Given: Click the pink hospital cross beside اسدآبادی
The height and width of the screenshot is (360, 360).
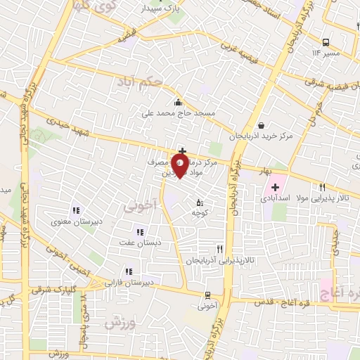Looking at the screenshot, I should (275, 188).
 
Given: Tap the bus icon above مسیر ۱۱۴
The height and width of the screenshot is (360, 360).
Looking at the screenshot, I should (325, 41).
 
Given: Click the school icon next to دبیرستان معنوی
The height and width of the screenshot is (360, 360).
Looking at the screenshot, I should (76, 210).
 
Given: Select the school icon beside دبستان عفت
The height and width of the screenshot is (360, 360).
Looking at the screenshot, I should (139, 231).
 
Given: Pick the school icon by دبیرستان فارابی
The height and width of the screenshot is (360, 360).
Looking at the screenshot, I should (127, 271).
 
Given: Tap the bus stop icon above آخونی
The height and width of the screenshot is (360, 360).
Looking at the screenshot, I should (207, 295).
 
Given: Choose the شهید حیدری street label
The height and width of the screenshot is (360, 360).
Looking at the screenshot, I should (58, 120).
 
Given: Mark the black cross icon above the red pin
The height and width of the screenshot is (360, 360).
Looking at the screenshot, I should (182, 150).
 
